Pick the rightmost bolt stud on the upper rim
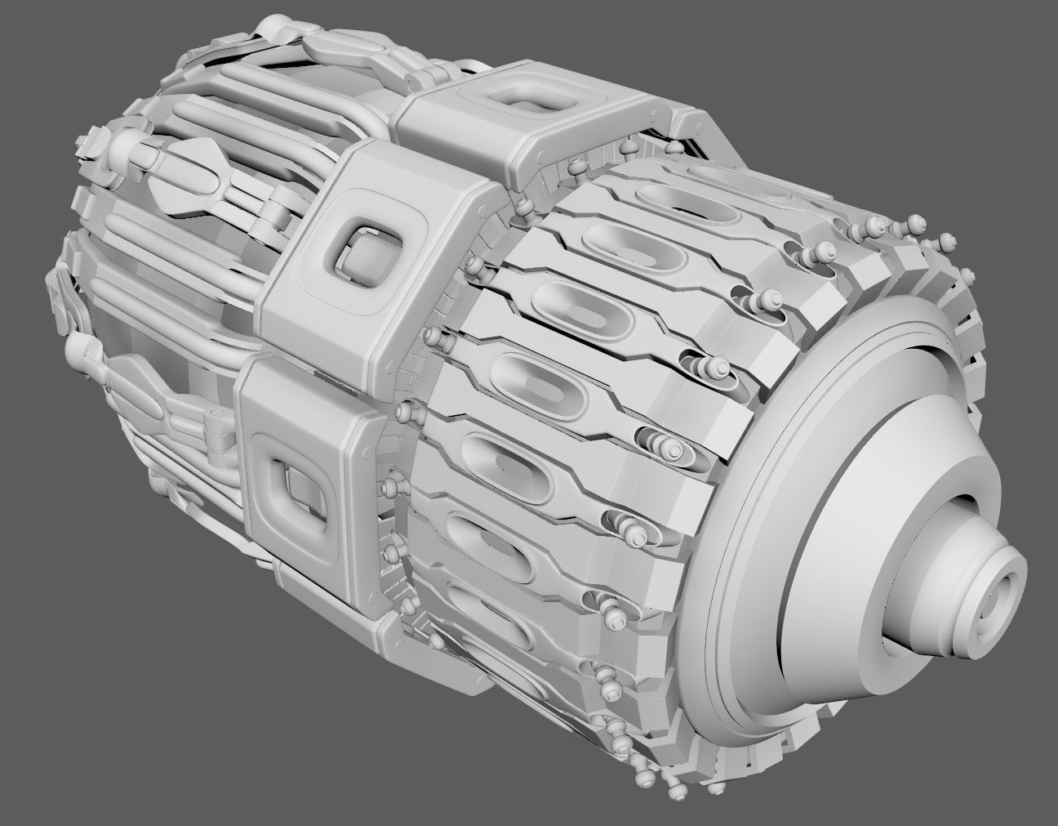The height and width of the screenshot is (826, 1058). click(x=947, y=242)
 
